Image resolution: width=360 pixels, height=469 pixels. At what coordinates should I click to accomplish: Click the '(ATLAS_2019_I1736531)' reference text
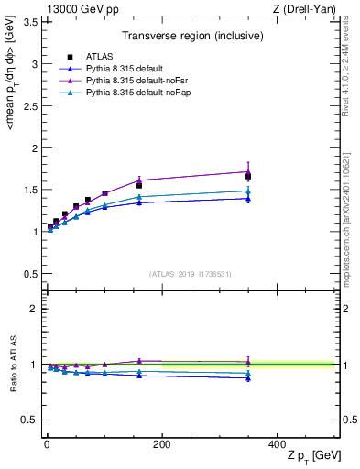coord(191,273)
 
